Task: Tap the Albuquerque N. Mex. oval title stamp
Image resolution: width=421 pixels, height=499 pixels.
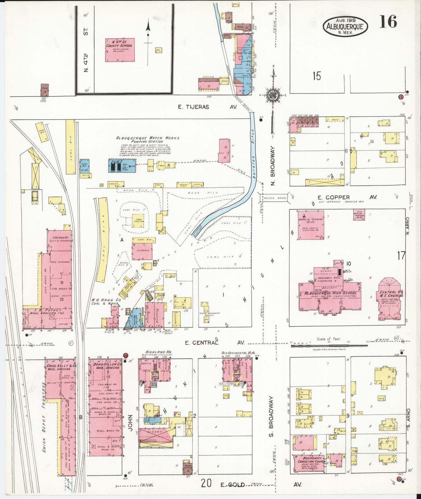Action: tap(345, 26)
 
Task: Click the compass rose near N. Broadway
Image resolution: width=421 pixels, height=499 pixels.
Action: tap(273, 95)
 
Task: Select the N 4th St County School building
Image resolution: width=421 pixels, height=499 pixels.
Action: tap(120, 50)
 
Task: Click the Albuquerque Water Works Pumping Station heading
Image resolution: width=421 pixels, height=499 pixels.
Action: tap(148, 139)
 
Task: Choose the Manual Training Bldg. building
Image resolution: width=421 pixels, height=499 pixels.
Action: tap(311, 225)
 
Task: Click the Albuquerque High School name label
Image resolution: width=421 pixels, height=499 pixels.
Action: tap(330, 293)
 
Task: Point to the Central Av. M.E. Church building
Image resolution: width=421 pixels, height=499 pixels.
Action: tap(390, 299)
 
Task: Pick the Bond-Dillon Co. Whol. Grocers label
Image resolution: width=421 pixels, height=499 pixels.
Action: tap(105, 366)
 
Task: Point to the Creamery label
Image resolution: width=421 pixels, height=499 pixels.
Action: tap(60, 239)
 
